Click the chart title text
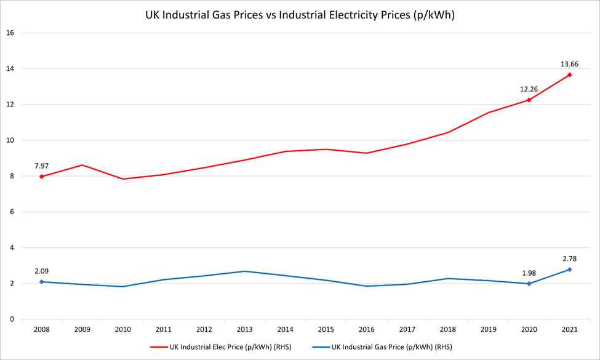(300, 15)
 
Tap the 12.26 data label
(529, 89)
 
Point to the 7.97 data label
(41, 166)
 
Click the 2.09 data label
(41, 270)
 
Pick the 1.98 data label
(529, 272)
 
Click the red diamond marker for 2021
(570, 75)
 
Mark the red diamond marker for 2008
(41, 177)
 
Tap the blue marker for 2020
(529, 284)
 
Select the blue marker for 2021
(570, 270)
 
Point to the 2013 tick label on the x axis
(244, 329)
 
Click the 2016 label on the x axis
(366, 329)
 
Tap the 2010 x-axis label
(122, 329)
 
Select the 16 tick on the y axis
(10, 33)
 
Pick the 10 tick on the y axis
(10, 140)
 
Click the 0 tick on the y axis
(12, 319)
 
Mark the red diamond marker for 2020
(529, 100)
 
